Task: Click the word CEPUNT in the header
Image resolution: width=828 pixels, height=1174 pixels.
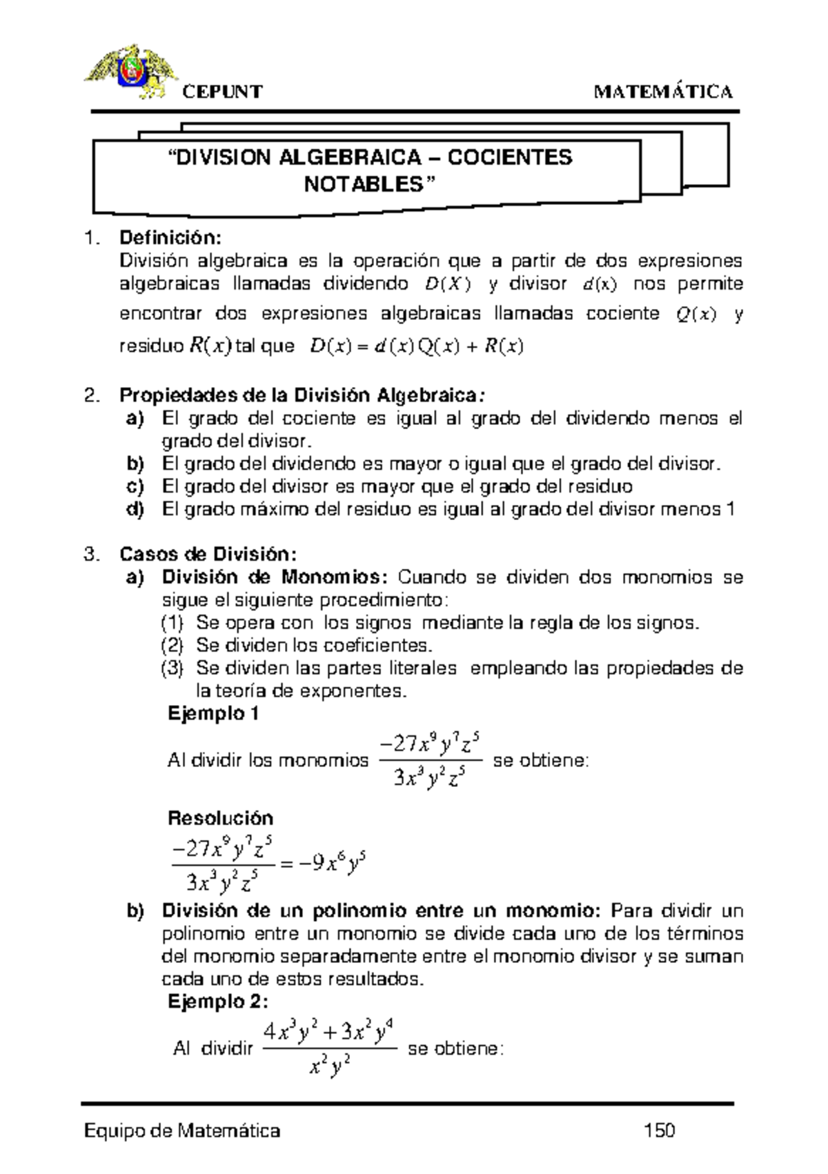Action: tap(222, 92)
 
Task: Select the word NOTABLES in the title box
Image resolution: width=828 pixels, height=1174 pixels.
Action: tap(364, 185)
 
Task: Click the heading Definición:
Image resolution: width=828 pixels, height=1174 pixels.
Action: tap(170, 238)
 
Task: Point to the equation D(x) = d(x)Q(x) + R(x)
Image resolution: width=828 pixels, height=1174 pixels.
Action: tap(417, 346)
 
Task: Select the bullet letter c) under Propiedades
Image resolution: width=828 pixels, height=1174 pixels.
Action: tap(135, 487)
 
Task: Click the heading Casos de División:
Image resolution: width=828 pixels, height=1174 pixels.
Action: tap(208, 554)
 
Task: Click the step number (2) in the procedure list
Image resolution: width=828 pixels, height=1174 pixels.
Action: tap(172, 646)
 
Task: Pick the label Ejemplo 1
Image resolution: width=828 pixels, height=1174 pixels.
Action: tap(213, 714)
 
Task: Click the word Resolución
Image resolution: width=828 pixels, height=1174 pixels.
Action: tap(221, 818)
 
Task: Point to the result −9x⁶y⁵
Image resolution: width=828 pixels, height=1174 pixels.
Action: tap(328, 863)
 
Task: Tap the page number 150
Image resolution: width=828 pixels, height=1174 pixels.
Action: tap(658, 1131)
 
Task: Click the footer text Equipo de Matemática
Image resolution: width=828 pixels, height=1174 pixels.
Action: tap(181, 1131)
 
